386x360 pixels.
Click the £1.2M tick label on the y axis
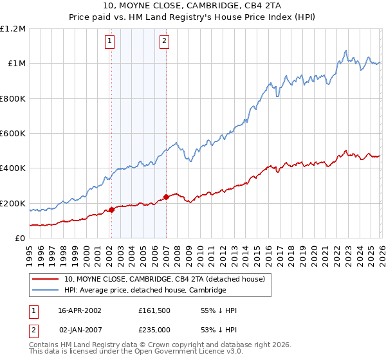13,29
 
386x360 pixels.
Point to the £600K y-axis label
13,134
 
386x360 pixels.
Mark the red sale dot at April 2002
111,210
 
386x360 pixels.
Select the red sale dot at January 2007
166,197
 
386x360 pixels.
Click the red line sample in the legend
46,279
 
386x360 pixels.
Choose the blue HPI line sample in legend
46,290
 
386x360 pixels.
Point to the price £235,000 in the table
154,329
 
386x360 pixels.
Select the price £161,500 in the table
154,310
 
